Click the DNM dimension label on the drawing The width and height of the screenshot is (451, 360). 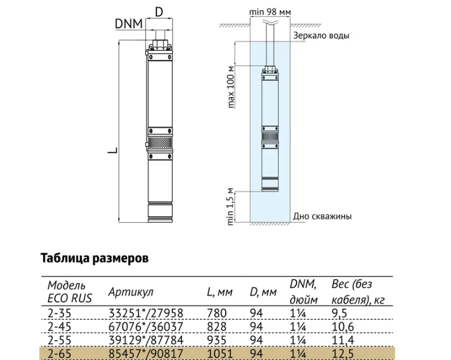[x=129, y=24]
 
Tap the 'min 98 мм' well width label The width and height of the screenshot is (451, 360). [x=270, y=12]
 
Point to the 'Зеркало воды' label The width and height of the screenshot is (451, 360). [x=321, y=36]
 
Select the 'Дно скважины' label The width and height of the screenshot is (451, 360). [x=322, y=216]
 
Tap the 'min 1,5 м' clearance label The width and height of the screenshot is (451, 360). [x=231, y=207]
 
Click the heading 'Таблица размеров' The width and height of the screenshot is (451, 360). [x=95, y=258]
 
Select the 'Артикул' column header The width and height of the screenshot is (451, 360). [x=131, y=292]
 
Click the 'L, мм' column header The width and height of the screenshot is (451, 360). [x=220, y=292]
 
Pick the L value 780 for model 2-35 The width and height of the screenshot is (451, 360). [x=217, y=313]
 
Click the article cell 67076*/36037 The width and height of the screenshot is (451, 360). [x=146, y=326]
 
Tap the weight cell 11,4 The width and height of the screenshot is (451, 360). [x=343, y=340]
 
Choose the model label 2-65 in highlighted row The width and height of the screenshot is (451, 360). [x=59, y=353]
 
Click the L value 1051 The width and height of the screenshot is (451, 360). [x=220, y=353]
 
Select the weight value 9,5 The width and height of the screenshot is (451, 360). [x=340, y=313]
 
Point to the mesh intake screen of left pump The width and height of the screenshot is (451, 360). [x=160, y=143]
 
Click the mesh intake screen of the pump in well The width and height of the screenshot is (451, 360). [x=270, y=136]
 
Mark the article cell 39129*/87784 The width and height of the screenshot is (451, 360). [x=146, y=340]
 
